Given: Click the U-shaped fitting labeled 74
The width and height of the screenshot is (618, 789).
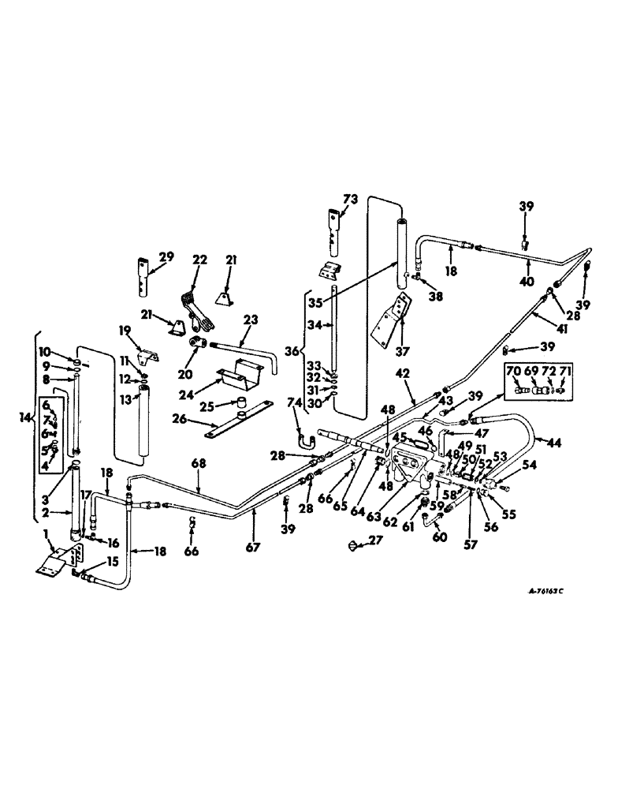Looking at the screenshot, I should tap(300, 432).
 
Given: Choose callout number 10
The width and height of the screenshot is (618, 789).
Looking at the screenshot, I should tap(44, 350).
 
